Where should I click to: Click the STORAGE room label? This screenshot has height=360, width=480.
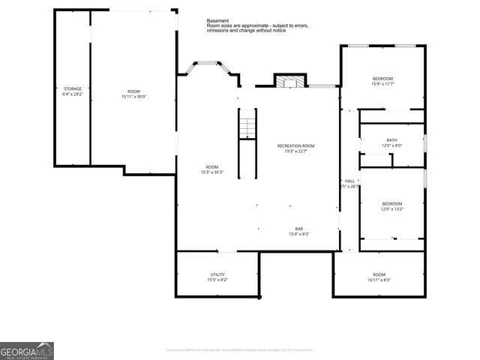tap(72, 88)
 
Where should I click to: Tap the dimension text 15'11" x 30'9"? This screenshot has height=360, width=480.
tap(133, 97)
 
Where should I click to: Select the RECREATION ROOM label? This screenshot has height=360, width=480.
tap(295, 145)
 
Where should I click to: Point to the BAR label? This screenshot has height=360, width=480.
tap(298, 229)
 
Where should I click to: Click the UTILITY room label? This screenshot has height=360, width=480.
tap(217, 274)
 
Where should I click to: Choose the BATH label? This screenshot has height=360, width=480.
tap(391, 140)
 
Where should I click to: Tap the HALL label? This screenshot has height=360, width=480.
tap(349, 181)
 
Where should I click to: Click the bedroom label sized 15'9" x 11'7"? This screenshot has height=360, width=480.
tap(382, 79)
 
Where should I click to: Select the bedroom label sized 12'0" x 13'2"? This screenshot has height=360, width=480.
tap(391, 204)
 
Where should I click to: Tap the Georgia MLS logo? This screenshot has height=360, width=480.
tap(27, 350)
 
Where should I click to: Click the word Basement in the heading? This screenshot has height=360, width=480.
tap(217, 21)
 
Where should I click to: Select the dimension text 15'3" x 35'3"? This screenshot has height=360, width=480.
tap(212, 172)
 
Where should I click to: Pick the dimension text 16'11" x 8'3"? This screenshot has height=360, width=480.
tap(379, 280)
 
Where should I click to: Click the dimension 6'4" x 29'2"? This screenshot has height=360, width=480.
tap(72, 94)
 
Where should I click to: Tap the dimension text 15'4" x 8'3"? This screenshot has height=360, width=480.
tap(298, 234)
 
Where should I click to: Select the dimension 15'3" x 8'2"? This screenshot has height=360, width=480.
tap(217, 280)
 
